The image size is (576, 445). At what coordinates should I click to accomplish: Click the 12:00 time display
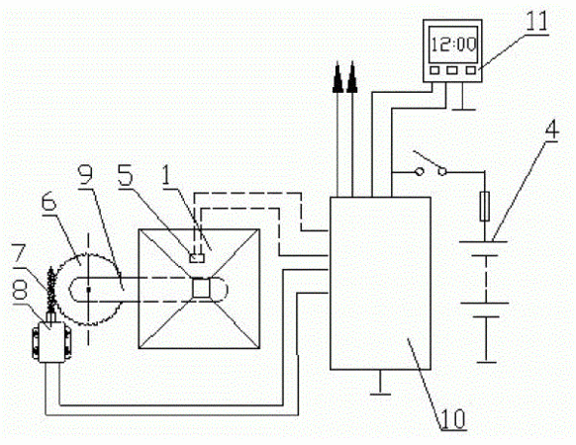(x=454, y=44)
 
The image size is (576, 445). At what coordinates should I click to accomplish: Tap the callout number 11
(x=536, y=21)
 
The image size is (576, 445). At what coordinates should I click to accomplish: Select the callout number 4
(x=551, y=130)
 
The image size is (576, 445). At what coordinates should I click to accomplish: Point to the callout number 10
(x=453, y=418)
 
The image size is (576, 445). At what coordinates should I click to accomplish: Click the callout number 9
(x=86, y=175)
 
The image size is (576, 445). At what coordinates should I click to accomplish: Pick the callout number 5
(x=125, y=175)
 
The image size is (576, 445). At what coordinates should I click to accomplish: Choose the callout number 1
(x=167, y=175)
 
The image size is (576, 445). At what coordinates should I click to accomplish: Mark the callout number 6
(x=48, y=203)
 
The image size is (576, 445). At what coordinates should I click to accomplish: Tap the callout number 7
(x=19, y=253)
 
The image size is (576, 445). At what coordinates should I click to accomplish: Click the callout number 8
(x=20, y=292)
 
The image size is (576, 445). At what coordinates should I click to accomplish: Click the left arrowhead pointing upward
(x=337, y=78)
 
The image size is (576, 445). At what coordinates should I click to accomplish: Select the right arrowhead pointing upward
(x=352, y=78)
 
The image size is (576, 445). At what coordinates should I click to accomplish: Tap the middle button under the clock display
(x=452, y=70)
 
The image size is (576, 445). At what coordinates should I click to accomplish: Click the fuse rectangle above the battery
(x=485, y=207)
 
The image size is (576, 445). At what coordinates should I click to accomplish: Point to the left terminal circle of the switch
(x=420, y=171)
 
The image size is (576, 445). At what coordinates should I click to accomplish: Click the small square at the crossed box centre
(x=201, y=288)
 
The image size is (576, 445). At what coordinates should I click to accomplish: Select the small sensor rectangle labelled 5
(x=197, y=258)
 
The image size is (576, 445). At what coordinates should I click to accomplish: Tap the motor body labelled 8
(x=51, y=342)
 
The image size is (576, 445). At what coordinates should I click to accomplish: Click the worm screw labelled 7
(x=51, y=289)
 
